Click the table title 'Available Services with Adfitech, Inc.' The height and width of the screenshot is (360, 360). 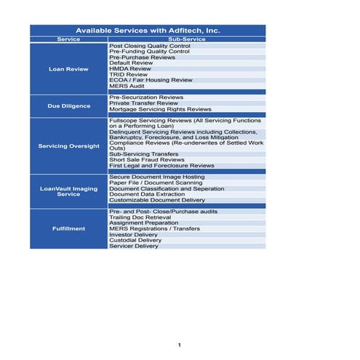pos(148,31)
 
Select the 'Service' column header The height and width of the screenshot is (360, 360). pos(68,39)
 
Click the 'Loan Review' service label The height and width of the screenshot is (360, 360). pos(68,69)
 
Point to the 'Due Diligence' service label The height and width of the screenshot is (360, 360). pos(68,105)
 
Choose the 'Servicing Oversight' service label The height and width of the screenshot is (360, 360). pos(68,145)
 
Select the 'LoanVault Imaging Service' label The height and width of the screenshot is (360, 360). pos(68,191)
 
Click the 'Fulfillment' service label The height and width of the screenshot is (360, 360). pos(68,228)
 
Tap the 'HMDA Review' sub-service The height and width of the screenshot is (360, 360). pos(129,68)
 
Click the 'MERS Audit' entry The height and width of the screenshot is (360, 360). pos(127,86)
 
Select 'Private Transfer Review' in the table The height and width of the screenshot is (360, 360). pos(143,103)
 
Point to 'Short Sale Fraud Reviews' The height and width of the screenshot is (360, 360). pos(146,160)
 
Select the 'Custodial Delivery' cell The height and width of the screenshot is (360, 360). pos(135,240)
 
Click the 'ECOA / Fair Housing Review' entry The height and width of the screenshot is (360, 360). pos(151,80)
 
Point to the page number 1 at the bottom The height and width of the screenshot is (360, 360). pos(179,343)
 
